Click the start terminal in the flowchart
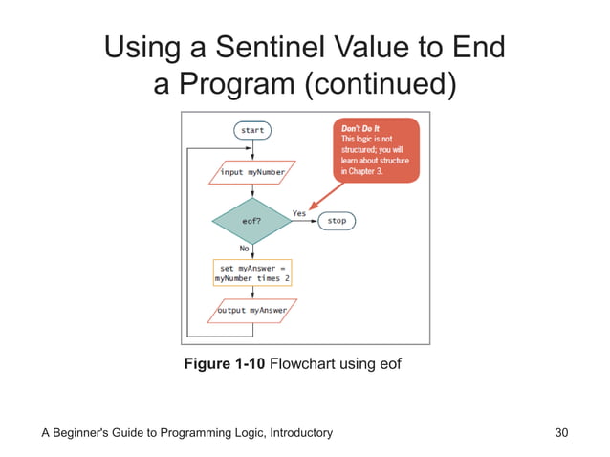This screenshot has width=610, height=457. tap(252, 129)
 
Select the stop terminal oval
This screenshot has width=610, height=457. tap(337, 221)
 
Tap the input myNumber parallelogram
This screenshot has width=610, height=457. tap(252, 172)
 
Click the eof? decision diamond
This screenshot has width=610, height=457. tap(252, 221)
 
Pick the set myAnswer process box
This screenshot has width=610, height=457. tap(252, 272)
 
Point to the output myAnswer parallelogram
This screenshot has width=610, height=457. tap(252, 311)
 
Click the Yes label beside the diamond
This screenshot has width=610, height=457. tap(299, 212)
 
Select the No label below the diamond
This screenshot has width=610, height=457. tap(246, 247)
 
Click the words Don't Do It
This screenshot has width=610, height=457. tap(360, 128)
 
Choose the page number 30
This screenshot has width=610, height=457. tap(561, 433)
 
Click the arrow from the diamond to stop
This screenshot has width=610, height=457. tap(305, 221)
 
